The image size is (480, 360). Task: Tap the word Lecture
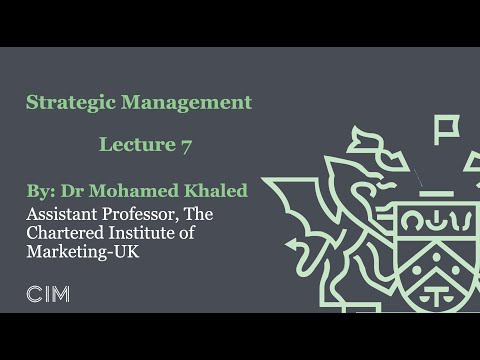pos(137,145)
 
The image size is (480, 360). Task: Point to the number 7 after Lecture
pos(186,145)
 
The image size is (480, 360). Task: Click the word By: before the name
pos(43,191)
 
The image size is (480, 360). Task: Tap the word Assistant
pos(63,214)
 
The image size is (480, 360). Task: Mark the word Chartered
pos(66,233)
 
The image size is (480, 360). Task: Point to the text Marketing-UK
pos(85,252)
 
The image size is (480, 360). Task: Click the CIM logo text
pos(47,294)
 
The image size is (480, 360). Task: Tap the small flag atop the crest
pos(446,127)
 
